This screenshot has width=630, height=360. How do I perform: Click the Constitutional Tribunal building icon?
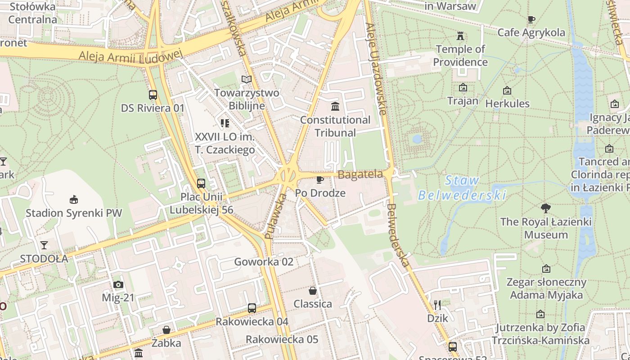335,107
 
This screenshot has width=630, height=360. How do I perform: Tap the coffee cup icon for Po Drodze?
320,180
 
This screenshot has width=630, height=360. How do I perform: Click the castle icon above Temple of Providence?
460,36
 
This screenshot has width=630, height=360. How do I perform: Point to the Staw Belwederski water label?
462,188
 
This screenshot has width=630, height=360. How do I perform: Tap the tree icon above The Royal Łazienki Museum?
546,208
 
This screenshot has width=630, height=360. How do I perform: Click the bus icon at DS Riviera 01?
153,95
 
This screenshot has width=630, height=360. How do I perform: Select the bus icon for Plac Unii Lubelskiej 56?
201,184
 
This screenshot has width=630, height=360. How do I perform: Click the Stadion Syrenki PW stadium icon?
74,199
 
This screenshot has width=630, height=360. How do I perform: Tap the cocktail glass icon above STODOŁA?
44,245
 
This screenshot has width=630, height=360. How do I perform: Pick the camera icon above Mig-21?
118,284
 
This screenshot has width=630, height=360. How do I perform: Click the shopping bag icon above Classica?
313,291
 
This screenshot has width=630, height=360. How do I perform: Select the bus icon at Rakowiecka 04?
252,308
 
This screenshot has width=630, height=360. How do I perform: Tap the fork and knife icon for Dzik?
437,305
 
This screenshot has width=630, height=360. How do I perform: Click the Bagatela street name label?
360,175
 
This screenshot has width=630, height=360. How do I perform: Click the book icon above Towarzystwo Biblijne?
247,80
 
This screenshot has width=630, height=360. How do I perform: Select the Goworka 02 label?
264,262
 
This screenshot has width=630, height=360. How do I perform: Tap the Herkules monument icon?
507,90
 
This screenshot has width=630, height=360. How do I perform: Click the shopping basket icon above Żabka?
166,330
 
